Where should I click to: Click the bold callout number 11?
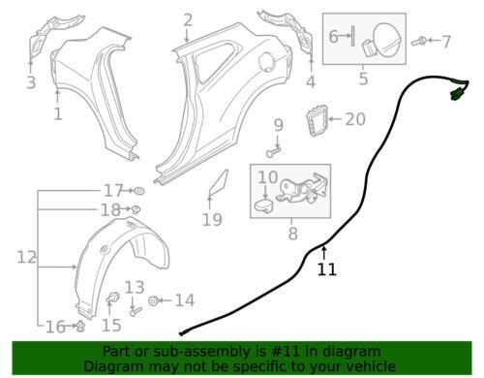tap(327, 269)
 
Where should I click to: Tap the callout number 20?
tap(354, 119)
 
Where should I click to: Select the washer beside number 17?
tap(136, 190)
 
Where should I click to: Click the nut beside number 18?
tap(136, 209)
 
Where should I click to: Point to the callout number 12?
tap(26, 257)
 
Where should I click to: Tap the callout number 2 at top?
tap(188, 19)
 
